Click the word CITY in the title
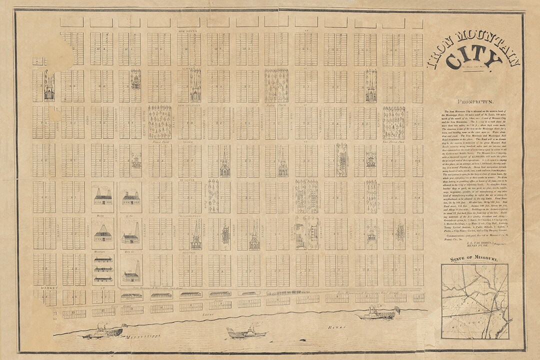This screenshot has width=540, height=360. pos(472,59)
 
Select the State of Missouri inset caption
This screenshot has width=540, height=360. pos(473,259)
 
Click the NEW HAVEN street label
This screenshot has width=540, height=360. pos(190,30)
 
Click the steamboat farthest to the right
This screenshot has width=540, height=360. pos(377,313)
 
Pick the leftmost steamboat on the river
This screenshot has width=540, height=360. pos(102,330)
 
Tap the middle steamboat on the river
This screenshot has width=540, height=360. pos(243,332)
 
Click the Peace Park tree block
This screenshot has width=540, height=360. pos(159,122)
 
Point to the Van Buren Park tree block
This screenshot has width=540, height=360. pos(393,122)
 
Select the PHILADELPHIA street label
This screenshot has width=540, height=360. pos(190,216)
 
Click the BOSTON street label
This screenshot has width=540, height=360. pos(190,253)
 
